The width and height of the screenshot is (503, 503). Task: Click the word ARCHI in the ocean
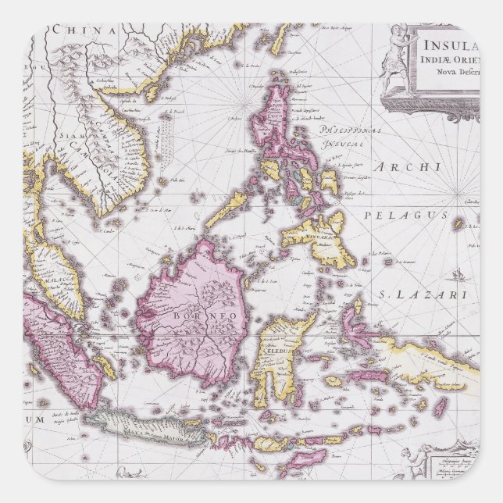tap(408, 167)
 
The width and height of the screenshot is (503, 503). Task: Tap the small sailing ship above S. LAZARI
tap(461, 275)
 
